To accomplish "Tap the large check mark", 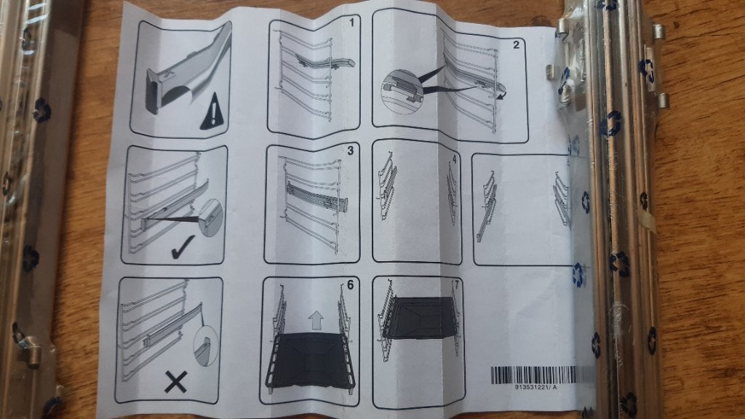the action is [x=182, y=247].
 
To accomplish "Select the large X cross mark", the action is [x=176, y=382].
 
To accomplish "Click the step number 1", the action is [x=351, y=23].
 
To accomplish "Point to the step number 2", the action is [x=516, y=45].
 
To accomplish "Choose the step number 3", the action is [x=350, y=151].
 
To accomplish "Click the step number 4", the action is [x=454, y=159].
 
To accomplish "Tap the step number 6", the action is [x=350, y=284].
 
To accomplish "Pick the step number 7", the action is [x=457, y=285].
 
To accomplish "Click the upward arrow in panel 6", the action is [x=316, y=321].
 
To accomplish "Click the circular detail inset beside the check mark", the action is [x=211, y=218].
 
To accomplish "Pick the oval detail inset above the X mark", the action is [x=206, y=346].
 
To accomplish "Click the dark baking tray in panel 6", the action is [x=311, y=359].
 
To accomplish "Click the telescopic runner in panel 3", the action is [x=316, y=197].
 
